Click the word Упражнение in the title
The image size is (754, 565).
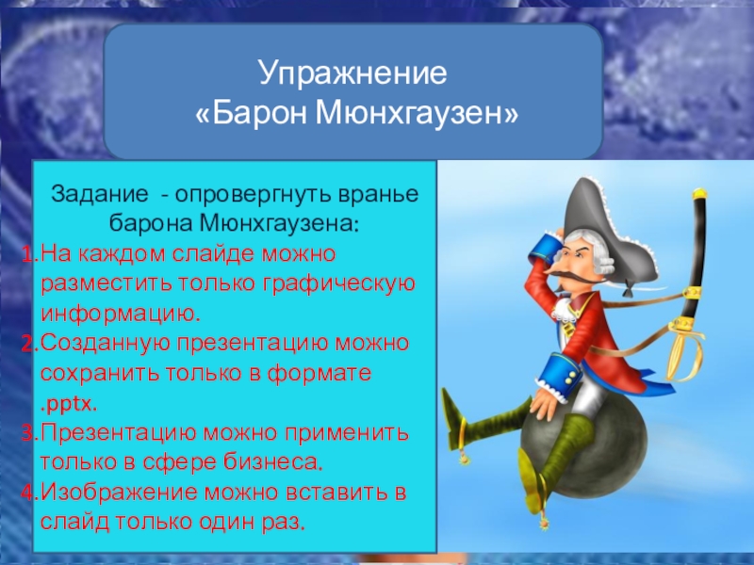[352, 73]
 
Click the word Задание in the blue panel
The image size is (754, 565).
[100, 194]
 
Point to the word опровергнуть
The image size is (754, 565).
[253, 195]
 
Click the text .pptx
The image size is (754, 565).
[68, 405]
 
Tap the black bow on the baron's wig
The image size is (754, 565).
[627, 290]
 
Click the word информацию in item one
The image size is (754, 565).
[121, 315]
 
